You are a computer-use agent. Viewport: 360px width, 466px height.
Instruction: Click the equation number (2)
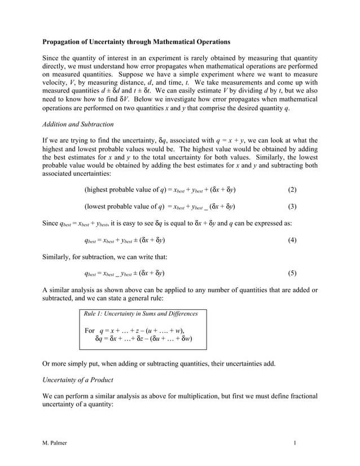click(292, 190)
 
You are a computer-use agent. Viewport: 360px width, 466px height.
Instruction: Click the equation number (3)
click(292, 206)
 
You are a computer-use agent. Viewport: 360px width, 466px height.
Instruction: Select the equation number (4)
click(292, 240)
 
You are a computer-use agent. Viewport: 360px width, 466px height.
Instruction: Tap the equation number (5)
click(292, 274)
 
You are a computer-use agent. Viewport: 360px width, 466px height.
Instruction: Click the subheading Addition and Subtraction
click(78, 124)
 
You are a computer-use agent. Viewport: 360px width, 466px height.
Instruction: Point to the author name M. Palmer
click(55, 443)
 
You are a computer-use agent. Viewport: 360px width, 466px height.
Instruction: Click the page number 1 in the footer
click(295, 443)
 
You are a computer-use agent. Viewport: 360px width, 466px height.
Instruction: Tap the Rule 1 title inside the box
click(140, 313)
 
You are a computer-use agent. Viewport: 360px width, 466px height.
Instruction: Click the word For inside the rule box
click(89, 330)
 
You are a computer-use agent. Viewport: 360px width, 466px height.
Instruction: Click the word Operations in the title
click(209, 42)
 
